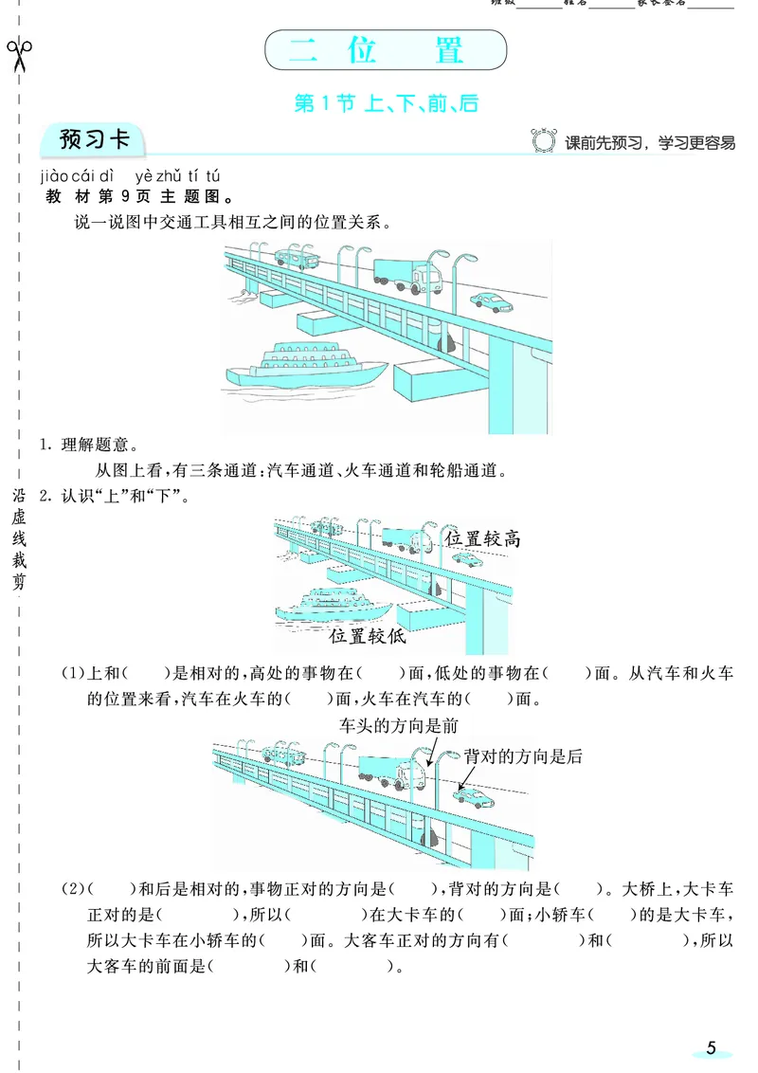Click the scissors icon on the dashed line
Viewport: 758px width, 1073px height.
pos(19,55)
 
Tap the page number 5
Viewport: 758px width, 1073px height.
pos(711,1047)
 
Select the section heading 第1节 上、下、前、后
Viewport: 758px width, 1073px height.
pos(386,103)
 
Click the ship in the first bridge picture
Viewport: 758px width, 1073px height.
pos(303,365)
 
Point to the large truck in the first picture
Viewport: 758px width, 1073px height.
pos(408,274)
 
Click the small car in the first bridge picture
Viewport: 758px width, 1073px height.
pos(491,301)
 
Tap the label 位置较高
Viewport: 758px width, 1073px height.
pos(482,539)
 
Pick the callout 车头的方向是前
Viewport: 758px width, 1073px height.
pos(398,724)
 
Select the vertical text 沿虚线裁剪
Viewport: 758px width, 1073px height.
pos(20,539)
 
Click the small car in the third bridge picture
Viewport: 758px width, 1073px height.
pos(472,794)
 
